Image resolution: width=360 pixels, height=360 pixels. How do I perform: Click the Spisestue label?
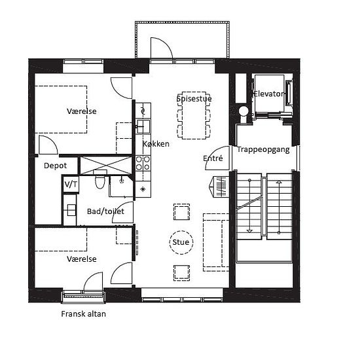194,99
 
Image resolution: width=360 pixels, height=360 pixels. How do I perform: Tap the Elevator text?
268,94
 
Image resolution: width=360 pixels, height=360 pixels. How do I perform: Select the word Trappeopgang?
263,150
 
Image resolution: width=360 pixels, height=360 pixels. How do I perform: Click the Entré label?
213,158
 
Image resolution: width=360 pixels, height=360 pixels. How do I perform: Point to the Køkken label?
156,144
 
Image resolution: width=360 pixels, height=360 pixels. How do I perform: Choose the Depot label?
55,166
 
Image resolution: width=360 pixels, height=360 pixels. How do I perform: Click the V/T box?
71,184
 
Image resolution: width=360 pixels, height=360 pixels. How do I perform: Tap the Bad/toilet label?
105,211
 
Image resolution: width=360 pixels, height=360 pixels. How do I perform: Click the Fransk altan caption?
83,314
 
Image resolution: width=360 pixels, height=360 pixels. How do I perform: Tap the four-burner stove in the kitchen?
143,163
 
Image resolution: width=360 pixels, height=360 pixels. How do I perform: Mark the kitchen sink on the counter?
143,126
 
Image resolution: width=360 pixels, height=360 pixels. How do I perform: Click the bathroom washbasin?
71,210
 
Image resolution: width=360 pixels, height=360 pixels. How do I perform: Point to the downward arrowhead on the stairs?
249,231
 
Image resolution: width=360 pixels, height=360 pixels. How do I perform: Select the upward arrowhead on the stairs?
279,182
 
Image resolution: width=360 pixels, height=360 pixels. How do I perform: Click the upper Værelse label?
82,111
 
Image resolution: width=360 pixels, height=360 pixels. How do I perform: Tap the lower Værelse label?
82,259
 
